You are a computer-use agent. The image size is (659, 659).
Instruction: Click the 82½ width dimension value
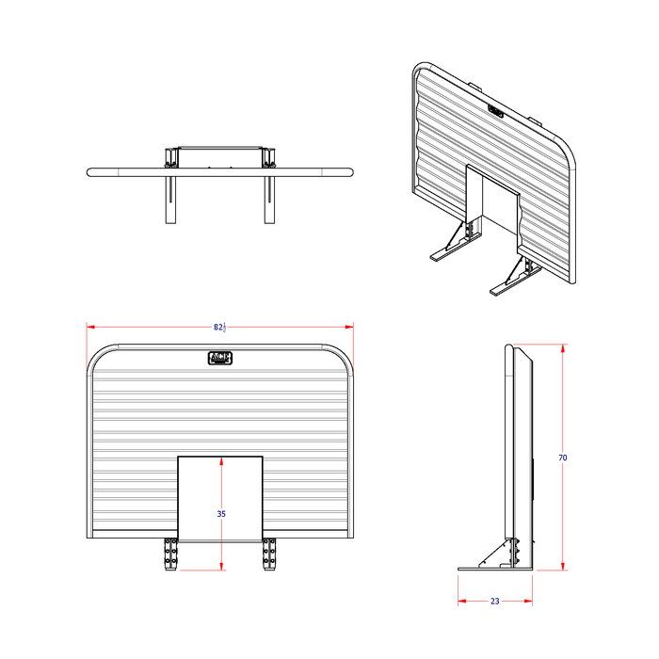[219, 327]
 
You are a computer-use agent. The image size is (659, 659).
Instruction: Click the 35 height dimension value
[221, 514]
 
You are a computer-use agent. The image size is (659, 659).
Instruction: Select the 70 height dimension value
[562, 458]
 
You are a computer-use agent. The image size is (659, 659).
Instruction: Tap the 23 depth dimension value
[495, 601]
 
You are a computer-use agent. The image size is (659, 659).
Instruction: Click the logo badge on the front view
[219, 358]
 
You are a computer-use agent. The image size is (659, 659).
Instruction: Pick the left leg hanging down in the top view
[169, 200]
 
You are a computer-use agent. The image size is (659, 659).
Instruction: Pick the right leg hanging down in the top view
[270, 200]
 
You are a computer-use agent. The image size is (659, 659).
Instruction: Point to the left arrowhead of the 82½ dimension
[89, 327]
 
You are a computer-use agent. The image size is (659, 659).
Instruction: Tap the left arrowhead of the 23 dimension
[460, 601]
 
